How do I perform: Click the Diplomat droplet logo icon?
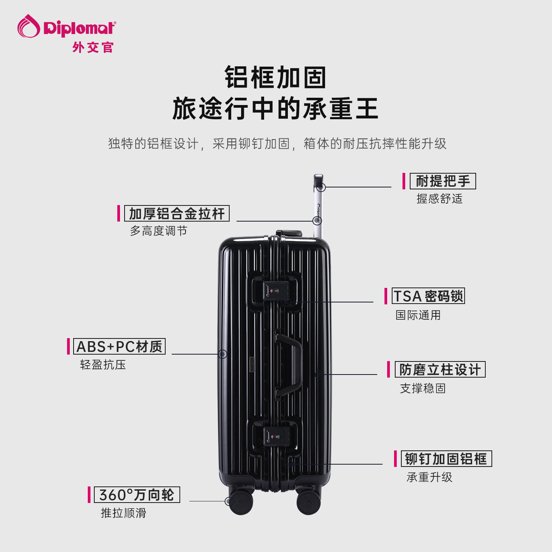[29, 26]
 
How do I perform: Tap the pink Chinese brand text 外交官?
[93, 47]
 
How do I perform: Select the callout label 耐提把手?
[443, 181]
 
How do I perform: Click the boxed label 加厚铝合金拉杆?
[177, 214]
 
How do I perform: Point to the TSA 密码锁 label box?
[428, 296]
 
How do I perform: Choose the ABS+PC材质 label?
[120, 346]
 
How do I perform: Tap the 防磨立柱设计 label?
[440, 369]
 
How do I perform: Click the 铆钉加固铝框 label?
[446, 458]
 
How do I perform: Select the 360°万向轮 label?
[137, 495]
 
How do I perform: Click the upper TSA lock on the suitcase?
[276, 291]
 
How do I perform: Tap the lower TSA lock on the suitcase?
[276, 437]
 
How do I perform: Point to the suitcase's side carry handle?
[289, 365]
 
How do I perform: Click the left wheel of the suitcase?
[241, 503]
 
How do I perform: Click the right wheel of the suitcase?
[309, 503]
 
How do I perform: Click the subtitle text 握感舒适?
[439, 199]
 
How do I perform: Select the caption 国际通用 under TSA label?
[418, 315]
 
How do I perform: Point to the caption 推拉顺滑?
[123, 513]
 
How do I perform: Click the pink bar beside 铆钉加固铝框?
[395, 458]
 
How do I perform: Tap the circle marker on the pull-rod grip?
[321, 187]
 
